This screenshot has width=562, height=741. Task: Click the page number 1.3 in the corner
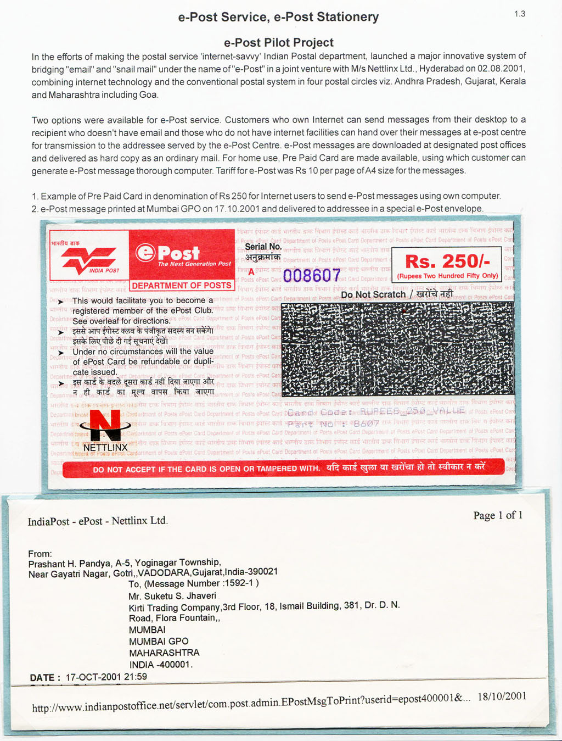click(519, 14)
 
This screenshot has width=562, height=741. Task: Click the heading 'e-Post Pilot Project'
click(278, 42)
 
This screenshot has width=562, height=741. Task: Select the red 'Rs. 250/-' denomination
click(447, 261)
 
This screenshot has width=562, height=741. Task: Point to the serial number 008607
click(312, 275)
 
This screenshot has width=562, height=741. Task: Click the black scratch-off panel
click(397, 348)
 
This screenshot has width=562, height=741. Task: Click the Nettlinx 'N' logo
click(105, 426)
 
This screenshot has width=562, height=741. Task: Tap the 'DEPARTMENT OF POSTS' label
click(182, 286)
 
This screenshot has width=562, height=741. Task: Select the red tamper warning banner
click(283, 469)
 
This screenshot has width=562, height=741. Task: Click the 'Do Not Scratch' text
click(373, 295)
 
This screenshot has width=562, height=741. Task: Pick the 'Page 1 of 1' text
click(498, 515)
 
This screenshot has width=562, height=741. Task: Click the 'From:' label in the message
click(40, 554)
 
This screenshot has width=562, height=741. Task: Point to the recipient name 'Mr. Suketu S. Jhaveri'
click(172, 596)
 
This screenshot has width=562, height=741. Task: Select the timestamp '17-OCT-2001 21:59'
click(106, 677)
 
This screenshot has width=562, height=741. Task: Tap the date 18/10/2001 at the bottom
click(502, 697)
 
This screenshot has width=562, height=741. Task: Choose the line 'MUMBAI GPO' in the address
click(159, 642)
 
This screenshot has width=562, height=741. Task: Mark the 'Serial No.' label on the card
click(263, 247)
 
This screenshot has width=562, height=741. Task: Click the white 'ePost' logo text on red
click(168, 253)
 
